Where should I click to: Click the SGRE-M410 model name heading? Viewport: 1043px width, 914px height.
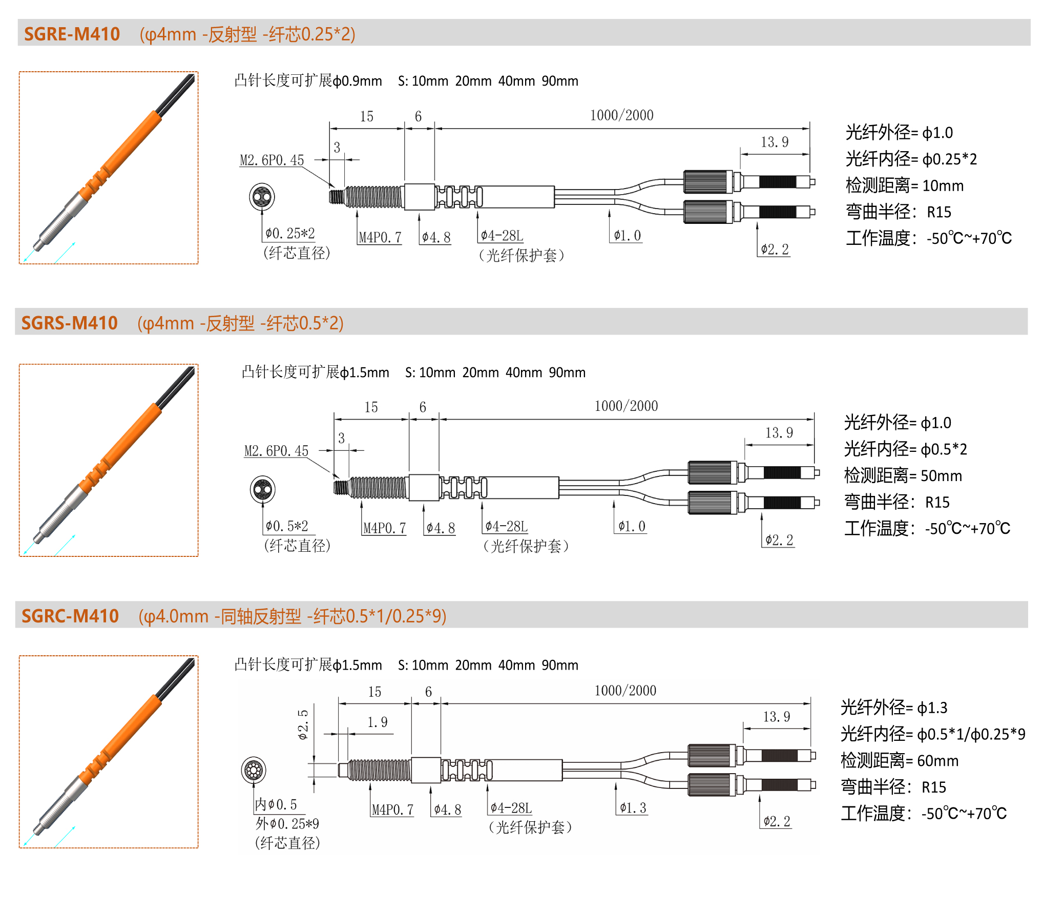click(x=72, y=34)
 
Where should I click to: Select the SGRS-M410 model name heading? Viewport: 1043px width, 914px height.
click(x=69, y=323)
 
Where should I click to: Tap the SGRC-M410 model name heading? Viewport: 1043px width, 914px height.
click(x=70, y=616)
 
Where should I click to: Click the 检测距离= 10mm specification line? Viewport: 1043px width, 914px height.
click(x=904, y=185)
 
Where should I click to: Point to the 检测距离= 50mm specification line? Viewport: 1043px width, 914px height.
click(x=903, y=475)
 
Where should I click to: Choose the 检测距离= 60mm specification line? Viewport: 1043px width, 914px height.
click(x=899, y=760)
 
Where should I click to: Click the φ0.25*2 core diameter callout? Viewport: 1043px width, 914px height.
click(x=290, y=234)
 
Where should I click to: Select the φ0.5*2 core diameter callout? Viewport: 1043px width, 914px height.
click(x=287, y=526)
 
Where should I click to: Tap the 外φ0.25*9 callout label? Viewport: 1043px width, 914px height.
click(x=287, y=824)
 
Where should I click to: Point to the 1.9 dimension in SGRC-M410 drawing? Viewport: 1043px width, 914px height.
click(x=378, y=722)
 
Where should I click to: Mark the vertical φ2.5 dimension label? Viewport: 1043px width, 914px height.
click(x=303, y=724)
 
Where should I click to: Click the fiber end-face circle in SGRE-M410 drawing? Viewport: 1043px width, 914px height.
click(x=262, y=197)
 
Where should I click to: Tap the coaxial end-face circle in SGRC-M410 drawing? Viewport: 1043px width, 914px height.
click(x=254, y=770)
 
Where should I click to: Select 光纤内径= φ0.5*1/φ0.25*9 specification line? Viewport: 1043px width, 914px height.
click(x=933, y=734)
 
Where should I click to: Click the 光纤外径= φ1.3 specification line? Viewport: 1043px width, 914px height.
click(x=894, y=708)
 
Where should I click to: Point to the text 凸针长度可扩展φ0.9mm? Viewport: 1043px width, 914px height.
click(x=308, y=80)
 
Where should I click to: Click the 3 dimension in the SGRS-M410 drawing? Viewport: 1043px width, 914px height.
click(x=341, y=438)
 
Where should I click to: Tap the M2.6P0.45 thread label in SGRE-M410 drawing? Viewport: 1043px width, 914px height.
click(x=272, y=160)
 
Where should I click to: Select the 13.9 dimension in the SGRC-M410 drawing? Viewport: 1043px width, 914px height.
click(x=777, y=717)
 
